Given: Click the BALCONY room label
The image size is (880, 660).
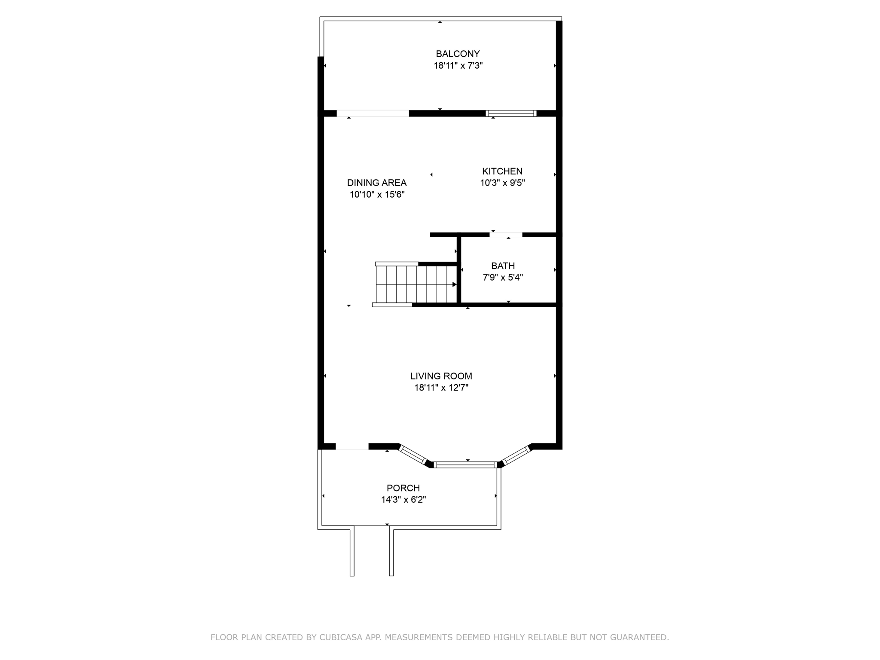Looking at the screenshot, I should click(x=458, y=54).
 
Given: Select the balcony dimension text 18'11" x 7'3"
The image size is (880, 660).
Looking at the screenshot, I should click(x=458, y=66).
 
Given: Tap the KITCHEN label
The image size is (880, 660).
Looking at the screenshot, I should click(x=502, y=171).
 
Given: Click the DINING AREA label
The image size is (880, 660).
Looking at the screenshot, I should click(x=377, y=183).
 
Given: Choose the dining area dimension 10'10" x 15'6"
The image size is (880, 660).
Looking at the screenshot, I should click(x=377, y=195).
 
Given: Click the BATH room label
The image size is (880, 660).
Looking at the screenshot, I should click(x=503, y=266).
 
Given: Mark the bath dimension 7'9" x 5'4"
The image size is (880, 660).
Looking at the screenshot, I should click(x=503, y=278).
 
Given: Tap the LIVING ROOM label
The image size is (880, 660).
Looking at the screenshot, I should click(x=441, y=376).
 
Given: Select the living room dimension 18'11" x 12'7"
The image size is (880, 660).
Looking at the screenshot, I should click(x=441, y=388).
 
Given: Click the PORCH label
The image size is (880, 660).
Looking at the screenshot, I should click(x=403, y=488).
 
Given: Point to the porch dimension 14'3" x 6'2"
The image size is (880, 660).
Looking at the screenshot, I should click(x=403, y=500).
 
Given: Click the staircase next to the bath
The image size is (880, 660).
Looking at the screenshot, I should click(x=415, y=284).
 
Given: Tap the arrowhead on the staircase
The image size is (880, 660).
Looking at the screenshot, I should click(x=454, y=284).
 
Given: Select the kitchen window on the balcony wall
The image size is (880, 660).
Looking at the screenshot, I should click(x=511, y=113).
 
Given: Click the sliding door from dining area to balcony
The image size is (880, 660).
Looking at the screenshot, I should click(x=373, y=113).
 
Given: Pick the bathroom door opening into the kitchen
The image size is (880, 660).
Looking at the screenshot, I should click(x=506, y=235).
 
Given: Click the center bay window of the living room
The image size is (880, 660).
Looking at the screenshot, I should click(x=466, y=464).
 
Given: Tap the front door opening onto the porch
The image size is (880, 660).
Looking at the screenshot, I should click(x=352, y=446).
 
